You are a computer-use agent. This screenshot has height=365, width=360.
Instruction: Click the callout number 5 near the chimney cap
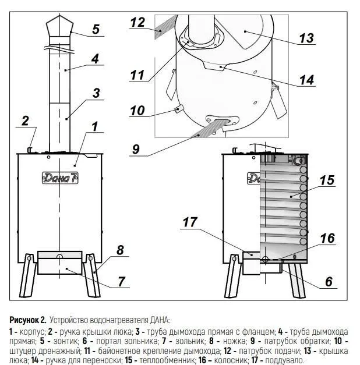pyautogui.click(x=96, y=29)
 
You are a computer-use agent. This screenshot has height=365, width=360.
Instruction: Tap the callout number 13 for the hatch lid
pyautogui.click(x=306, y=38)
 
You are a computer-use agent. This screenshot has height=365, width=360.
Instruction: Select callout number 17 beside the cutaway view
pyautogui.click(x=190, y=222)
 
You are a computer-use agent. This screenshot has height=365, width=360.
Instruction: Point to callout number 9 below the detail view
pyautogui.click(x=136, y=149)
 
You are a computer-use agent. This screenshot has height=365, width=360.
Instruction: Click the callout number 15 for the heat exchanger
pyautogui.click(x=327, y=180)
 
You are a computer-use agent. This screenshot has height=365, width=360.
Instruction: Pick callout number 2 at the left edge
pyautogui.click(x=25, y=121)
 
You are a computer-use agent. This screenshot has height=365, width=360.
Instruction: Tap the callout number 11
pyautogui.click(x=137, y=75)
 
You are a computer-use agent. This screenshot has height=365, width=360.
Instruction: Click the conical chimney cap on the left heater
pyautogui.click(x=59, y=26)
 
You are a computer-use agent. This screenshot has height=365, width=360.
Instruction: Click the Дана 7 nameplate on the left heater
pyautogui.click(x=60, y=178)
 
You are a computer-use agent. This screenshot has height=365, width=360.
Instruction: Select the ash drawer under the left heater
pyautogui.click(x=60, y=263)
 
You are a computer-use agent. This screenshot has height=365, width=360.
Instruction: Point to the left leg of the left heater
pyautogui.click(x=28, y=275)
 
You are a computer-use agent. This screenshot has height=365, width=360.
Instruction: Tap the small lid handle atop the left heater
pyautogui.click(x=30, y=150)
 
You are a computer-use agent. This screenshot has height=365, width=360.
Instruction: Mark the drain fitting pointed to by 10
pyautogui.click(x=179, y=108)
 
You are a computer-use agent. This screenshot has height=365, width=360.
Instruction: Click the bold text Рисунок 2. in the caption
pyautogui.click(x=28, y=320)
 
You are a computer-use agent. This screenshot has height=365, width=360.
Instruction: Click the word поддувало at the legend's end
pyautogui.click(x=285, y=360)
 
